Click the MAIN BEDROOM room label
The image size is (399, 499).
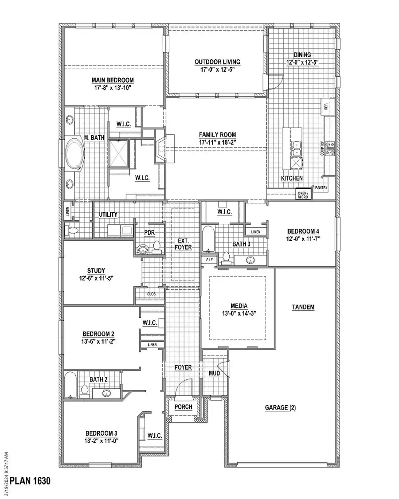[x=113, y=80]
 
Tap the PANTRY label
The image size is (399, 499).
[x=322, y=188]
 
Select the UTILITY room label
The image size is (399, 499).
[x=108, y=214]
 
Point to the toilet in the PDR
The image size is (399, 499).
[x=156, y=247]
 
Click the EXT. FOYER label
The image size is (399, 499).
[x=183, y=243]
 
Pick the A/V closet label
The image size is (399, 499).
[x=208, y=259]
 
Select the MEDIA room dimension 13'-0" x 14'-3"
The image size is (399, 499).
[x=239, y=313]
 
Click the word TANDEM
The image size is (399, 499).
[x=303, y=307]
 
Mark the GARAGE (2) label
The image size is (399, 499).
[x=280, y=408]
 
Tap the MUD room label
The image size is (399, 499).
[x=214, y=373]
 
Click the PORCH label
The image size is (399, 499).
[x=183, y=407]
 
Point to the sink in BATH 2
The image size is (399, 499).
[x=106, y=393]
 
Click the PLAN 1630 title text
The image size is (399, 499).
[x=31, y=481]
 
